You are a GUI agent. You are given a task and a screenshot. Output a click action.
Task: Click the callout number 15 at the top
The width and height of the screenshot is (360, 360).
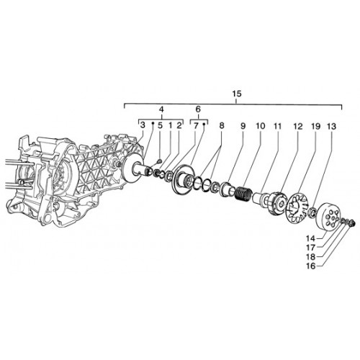[x=237, y=94]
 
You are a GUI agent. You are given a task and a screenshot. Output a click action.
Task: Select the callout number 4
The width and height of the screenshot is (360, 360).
[x=161, y=109]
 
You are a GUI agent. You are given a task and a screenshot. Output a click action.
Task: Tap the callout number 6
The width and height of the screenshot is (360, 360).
[x=198, y=109]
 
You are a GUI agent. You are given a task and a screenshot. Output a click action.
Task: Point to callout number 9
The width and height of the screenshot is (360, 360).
[x=243, y=126]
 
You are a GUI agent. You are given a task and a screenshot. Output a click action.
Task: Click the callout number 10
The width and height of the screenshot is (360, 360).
[x=261, y=126]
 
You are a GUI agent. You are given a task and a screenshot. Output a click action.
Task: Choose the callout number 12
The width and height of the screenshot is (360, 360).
[x=298, y=126]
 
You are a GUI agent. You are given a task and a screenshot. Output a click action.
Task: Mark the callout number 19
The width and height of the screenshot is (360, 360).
[x=316, y=126]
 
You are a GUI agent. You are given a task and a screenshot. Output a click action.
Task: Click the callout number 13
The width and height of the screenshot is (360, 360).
[x=332, y=126]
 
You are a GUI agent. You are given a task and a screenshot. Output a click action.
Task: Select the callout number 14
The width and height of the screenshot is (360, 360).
[x=310, y=238]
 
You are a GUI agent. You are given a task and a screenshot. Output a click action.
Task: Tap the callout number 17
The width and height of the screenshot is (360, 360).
[x=310, y=247]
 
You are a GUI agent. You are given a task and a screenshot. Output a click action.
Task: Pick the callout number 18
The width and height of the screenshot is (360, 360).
[x=310, y=256]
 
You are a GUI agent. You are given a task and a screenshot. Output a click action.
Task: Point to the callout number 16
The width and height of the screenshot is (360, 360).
[x=310, y=266]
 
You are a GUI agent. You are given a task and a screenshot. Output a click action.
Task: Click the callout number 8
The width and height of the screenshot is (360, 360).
[x=222, y=125]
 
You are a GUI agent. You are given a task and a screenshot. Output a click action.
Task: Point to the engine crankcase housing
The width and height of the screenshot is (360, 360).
[x=72, y=179]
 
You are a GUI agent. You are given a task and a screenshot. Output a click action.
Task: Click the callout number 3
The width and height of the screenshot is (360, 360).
[x=143, y=125]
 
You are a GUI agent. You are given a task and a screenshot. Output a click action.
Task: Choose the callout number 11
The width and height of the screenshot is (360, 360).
[x=277, y=126]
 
